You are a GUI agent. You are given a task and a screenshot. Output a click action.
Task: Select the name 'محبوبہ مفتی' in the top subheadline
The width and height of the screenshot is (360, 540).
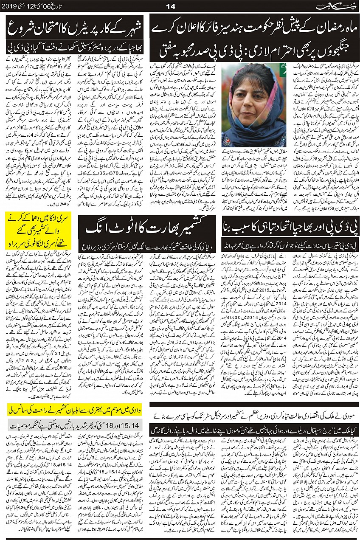(174, 52)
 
